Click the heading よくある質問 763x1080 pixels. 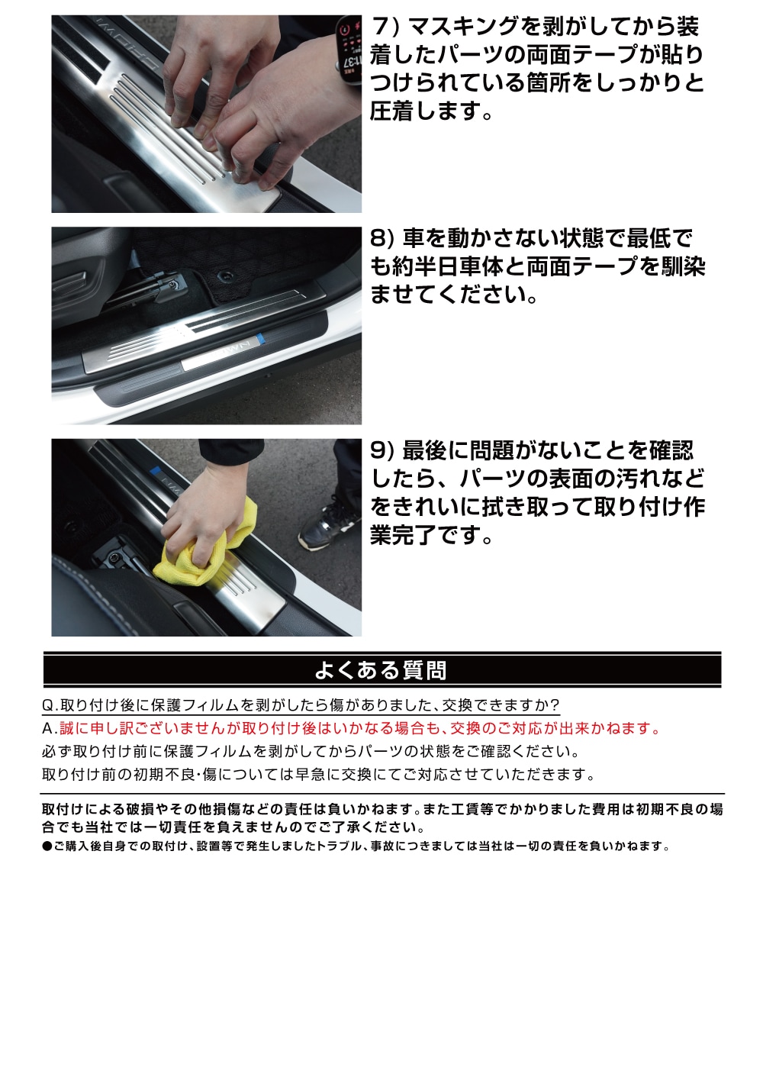(381, 670)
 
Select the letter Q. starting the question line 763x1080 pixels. (50, 704)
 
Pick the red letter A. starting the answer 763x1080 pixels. (50, 728)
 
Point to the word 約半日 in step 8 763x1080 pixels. (428, 266)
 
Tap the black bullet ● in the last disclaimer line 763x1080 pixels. (47, 846)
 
